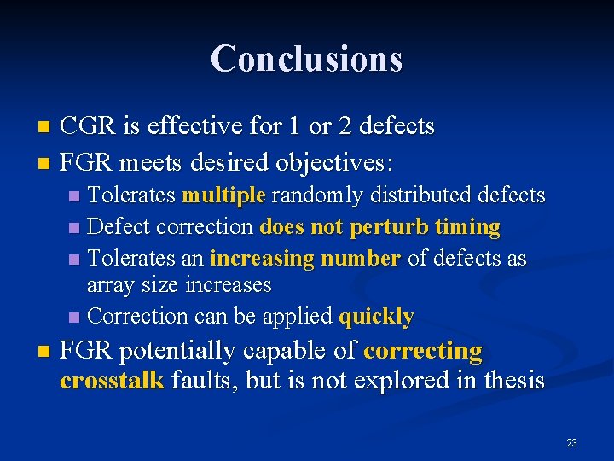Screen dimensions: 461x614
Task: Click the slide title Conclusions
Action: click(306, 58)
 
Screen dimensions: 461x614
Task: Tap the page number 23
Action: click(571, 442)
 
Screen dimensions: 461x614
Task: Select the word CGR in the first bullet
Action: click(88, 126)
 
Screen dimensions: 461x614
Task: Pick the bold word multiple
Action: click(223, 195)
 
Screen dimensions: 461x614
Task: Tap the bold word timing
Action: click(466, 227)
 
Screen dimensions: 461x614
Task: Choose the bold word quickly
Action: click(376, 317)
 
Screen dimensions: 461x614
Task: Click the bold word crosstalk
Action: click(112, 380)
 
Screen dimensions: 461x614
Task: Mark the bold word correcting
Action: click(422, 351)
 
